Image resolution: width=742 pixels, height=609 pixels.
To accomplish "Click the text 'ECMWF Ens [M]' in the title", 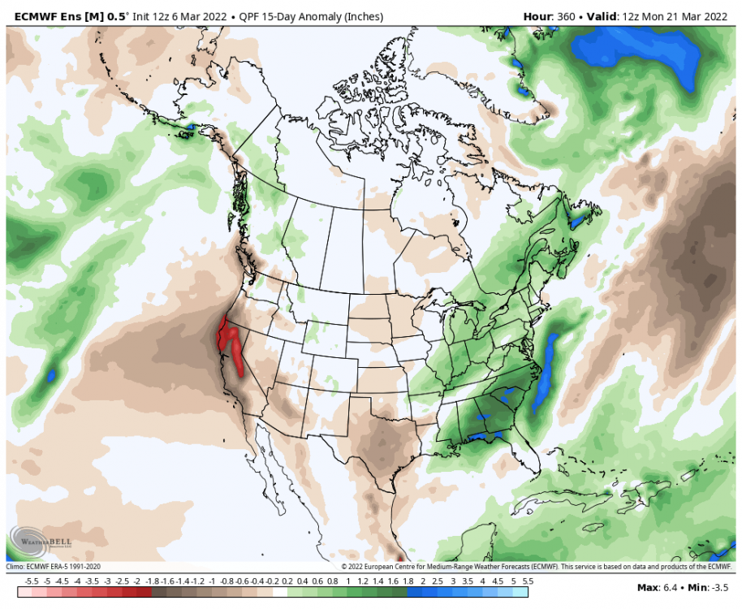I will pos(52,16).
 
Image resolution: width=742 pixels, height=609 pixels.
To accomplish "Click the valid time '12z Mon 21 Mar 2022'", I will pos(675,16).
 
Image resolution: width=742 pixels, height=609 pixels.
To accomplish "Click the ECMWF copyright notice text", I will pos(537,567).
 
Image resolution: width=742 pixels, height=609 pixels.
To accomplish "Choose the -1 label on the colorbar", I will pos(212,581).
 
